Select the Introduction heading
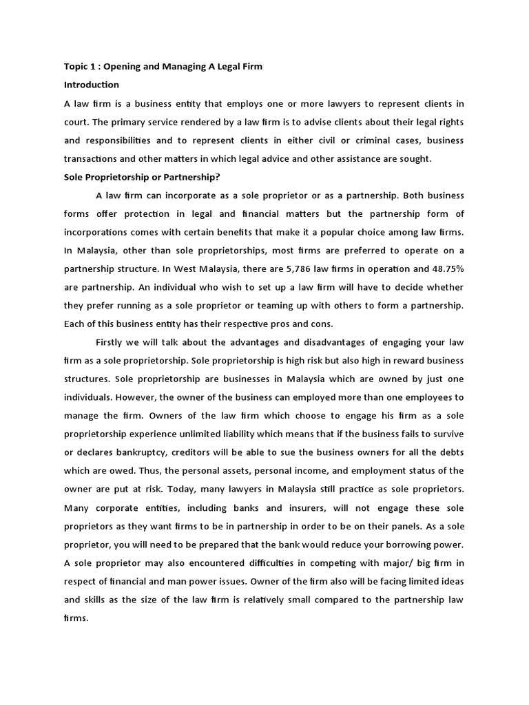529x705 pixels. point(92,85)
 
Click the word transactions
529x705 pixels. point(94,158)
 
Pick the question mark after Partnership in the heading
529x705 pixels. point(218,177)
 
